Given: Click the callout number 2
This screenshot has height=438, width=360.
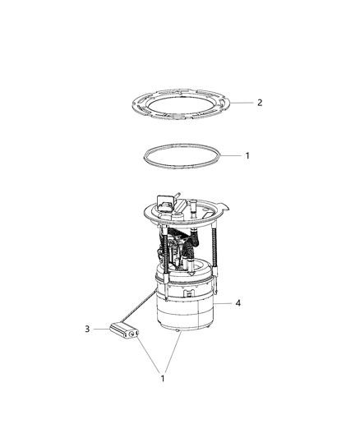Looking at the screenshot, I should tap(260, 103).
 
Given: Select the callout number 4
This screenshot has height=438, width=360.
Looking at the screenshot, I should tap(238, 303).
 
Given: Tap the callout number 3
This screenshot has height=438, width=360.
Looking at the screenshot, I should tap(87, 329).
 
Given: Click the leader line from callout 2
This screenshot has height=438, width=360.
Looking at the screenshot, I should tap(242, 102).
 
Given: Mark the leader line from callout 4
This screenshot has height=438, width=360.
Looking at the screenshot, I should tap(223, 304).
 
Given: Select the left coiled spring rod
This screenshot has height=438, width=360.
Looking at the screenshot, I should tap(154, 251).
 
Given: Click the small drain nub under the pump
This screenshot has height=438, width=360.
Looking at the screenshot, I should tap(178, 334).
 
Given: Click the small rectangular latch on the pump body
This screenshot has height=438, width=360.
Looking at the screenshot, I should tap(188, 292).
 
